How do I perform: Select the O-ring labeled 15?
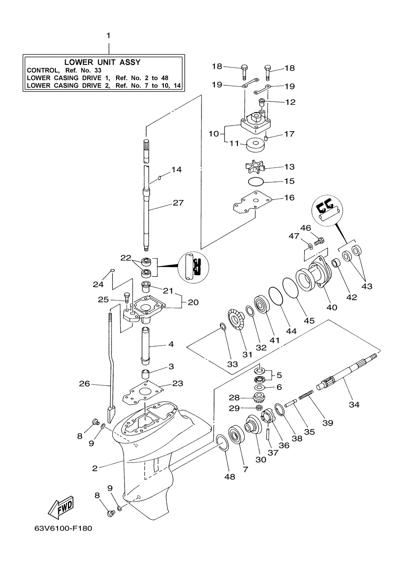[256, 182]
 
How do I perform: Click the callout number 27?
[178, 203]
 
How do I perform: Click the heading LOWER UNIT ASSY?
[103, 62]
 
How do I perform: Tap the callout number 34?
[354, 404]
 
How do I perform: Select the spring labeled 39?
[306, 395]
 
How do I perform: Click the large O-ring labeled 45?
[291, 288]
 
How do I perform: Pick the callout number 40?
[332, 307]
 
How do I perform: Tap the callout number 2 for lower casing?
[95, 468]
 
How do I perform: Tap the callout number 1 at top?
[109, 35]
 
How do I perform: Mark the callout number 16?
[290, 197]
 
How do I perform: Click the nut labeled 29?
[259, 408]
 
